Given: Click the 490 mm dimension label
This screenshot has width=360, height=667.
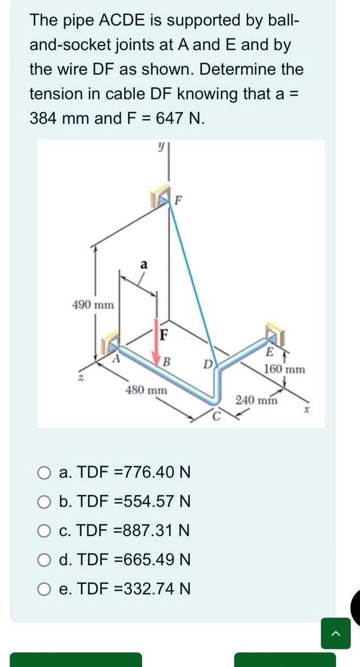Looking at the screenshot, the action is coord(93,305).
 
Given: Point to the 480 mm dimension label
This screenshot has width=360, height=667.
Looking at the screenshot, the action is coord(146,390).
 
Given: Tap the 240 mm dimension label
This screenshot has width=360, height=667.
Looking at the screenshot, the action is coord(256,400).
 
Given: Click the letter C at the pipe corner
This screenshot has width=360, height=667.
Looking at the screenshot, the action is coord(215,414).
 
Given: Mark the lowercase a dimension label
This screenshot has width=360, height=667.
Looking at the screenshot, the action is coord(144,264).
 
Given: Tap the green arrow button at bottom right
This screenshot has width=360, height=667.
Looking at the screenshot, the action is coord(336,633).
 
